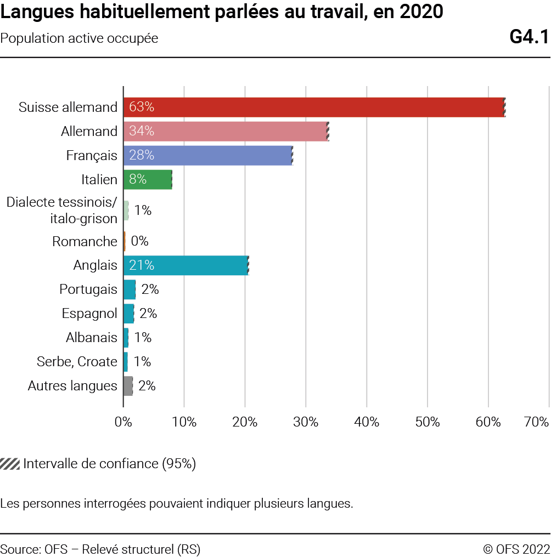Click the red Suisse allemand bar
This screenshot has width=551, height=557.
[313, 107]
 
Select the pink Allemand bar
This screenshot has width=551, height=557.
[225, 131]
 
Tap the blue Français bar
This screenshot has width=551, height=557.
[209, 155]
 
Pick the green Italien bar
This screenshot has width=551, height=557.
[148, 179]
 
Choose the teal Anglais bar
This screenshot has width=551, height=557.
[187, 265]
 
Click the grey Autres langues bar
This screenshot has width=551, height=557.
[128, 386]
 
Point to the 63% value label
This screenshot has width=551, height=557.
[142, 107]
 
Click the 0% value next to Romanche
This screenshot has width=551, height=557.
[139, 241]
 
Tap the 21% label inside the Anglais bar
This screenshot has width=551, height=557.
[142, 265]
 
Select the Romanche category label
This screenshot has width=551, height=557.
[85, 241]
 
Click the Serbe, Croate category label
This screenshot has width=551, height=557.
[77, 362]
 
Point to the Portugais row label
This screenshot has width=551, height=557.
[88, 289]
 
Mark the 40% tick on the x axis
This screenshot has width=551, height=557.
[367, 422]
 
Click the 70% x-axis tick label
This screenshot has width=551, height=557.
[537, 422]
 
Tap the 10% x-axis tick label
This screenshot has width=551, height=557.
[184, 422]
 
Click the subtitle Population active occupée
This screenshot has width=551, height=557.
[80, 38]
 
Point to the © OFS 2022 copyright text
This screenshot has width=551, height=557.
[516, 549]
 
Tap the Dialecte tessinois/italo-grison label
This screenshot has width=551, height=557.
[62, 211]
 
